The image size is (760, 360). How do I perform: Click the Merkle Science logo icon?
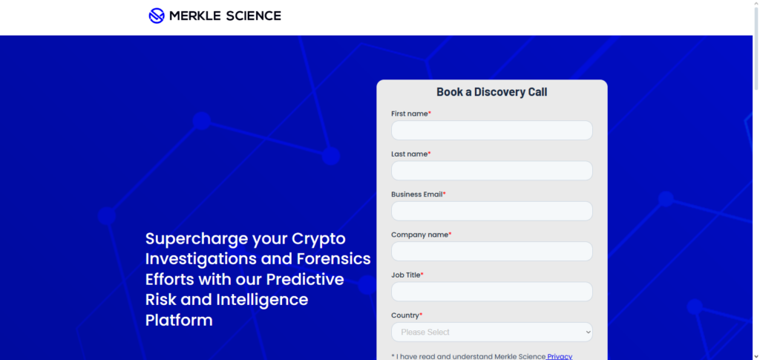pos(157,16)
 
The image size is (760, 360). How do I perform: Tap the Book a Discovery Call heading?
pos(491,92)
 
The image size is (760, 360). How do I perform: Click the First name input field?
pos(491,131)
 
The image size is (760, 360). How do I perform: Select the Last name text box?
pos(491,171)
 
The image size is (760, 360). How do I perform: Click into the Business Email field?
pos(491,211)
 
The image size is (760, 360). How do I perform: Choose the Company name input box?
pos(491,251)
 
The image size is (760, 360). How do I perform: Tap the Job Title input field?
pos(491,292)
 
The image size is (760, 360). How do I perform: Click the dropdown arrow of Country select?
pos(588,332)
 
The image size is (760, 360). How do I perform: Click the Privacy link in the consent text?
pos(560,356)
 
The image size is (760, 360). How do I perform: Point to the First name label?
pos(409,114)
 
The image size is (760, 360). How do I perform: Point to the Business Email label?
pos(416,194)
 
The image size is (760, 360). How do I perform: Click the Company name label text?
pos(419,235)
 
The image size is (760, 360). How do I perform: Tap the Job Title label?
pos(405,275)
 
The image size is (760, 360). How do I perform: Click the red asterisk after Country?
pos(421,315)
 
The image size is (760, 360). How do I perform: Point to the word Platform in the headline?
pos(179,320)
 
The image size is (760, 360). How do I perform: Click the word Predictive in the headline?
pos(305,279)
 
